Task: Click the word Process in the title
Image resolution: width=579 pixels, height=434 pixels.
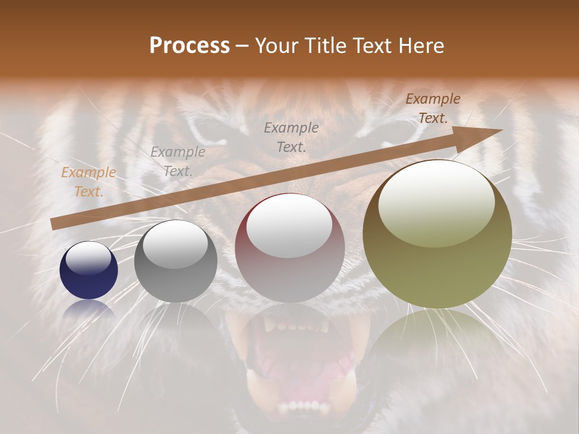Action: click(x=189, y=46)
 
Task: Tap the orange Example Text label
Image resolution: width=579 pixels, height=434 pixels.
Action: click(x=89, y=181)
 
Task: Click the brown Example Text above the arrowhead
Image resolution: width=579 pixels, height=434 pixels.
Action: click(x=432, y=108)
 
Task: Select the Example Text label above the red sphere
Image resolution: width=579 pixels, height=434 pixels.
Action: click(x=291, y=137)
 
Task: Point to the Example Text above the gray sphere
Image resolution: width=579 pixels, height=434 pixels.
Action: click(x=177, y=161)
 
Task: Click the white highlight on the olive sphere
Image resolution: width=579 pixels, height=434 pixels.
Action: click(x=436, y=202)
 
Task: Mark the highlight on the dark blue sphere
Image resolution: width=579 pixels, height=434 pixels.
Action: click(x=89, y=258)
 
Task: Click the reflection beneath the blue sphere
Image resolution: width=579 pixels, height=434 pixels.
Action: click(x=89, y=309)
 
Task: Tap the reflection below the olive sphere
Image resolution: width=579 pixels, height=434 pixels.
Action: click(x=437, y=332)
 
